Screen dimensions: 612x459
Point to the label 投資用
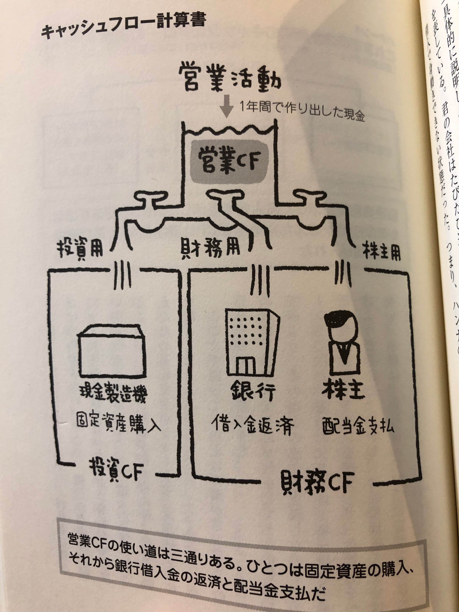coord(80,250)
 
